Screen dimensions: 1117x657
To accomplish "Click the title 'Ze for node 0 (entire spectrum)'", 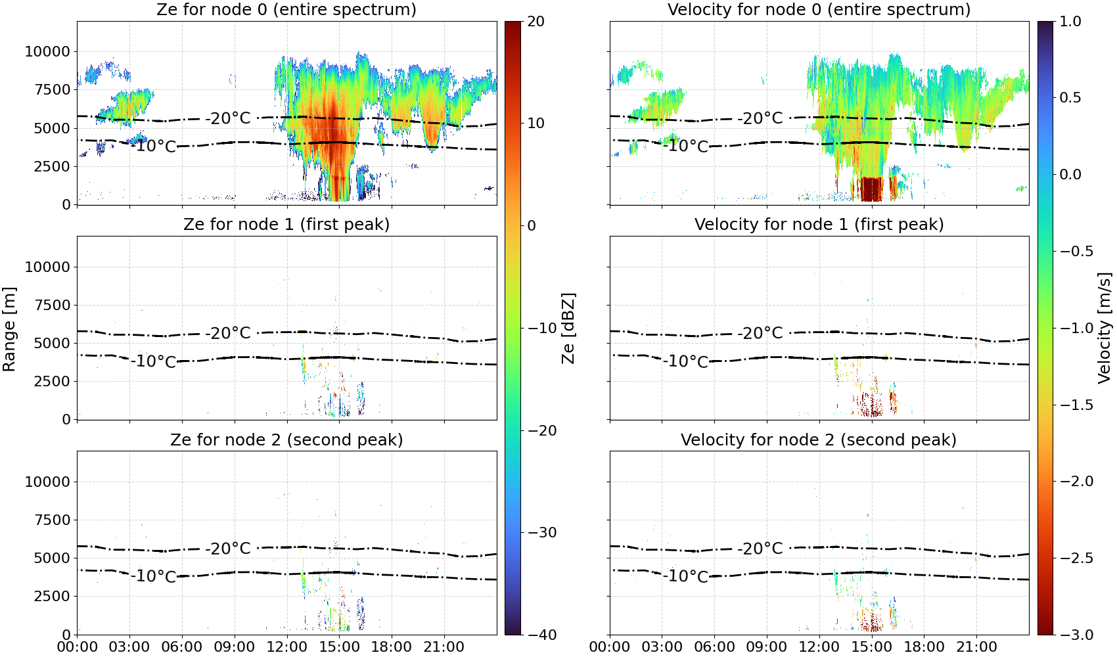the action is click(x=286, y=9).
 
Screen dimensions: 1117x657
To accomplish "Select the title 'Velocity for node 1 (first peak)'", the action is click(x=819, y=224).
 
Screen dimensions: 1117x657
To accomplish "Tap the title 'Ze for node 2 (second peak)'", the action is click(x=286, y=440).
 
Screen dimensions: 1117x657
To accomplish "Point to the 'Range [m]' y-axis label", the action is click(x=9, y=329).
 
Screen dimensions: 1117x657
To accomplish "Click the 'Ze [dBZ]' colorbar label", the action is click(x=568, y=328).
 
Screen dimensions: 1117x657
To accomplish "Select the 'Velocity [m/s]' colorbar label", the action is click(x=1105, y=328).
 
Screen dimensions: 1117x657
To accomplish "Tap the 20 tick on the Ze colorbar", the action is click(x=536, y=22).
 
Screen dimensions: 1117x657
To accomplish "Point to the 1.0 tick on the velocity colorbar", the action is click(x=1070, y=22).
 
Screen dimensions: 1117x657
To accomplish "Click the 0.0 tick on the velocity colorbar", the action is click(x=1070, y=175).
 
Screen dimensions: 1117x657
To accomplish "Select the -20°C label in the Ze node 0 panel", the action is click(x=228, y=118).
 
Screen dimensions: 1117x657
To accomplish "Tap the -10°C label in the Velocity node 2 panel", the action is click(x=686, y=576).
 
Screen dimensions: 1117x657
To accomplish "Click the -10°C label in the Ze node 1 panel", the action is click(x=154, y=361).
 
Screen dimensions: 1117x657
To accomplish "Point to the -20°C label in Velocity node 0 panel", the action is click(x=760, y=118).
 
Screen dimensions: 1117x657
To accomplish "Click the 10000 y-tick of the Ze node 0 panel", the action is click(x=48, y=51).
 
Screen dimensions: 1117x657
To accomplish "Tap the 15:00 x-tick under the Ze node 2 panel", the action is click(x=340, y=647).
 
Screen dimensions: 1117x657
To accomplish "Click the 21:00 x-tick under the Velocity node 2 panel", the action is click(x=976, y=647).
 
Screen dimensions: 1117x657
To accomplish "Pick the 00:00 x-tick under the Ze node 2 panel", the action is click(x=78, y=647).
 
